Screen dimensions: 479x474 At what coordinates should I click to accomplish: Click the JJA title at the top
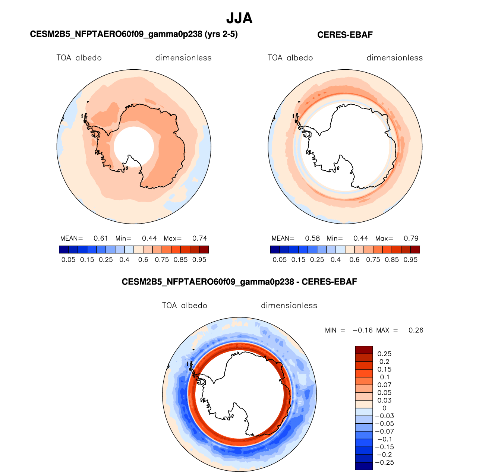(239, 18)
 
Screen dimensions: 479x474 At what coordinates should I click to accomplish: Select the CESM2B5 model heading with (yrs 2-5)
(134, 34)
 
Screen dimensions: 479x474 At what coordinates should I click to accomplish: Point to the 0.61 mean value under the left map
(100, 238)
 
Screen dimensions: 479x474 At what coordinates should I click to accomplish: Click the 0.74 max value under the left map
(199, 238)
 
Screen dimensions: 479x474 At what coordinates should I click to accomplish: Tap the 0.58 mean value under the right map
(312, 238)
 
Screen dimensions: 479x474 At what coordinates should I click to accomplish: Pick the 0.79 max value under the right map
(411, 238)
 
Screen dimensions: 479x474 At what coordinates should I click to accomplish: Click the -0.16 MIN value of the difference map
(362, 330)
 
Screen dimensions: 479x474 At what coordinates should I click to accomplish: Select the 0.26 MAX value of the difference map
(416, 330)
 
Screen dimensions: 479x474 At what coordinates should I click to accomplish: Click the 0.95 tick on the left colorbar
(199, 259)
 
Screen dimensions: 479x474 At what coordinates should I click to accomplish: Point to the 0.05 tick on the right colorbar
(280, 259)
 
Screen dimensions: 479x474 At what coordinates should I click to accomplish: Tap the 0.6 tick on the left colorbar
(143, 259)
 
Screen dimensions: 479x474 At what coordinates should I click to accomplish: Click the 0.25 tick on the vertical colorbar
(384, 353)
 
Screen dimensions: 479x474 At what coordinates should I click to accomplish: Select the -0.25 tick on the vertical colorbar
(384, 462)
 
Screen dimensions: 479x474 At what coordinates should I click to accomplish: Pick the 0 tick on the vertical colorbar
(384, 408)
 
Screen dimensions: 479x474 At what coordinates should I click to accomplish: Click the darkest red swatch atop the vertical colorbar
(364, 350)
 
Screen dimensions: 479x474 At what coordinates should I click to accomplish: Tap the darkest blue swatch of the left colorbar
(64, 249)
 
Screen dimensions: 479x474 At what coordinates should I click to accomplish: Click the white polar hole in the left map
(134, 146)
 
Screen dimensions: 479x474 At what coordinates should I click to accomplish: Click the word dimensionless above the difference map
(289, 305)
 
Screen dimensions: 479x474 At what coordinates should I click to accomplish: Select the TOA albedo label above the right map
(290, 58)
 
